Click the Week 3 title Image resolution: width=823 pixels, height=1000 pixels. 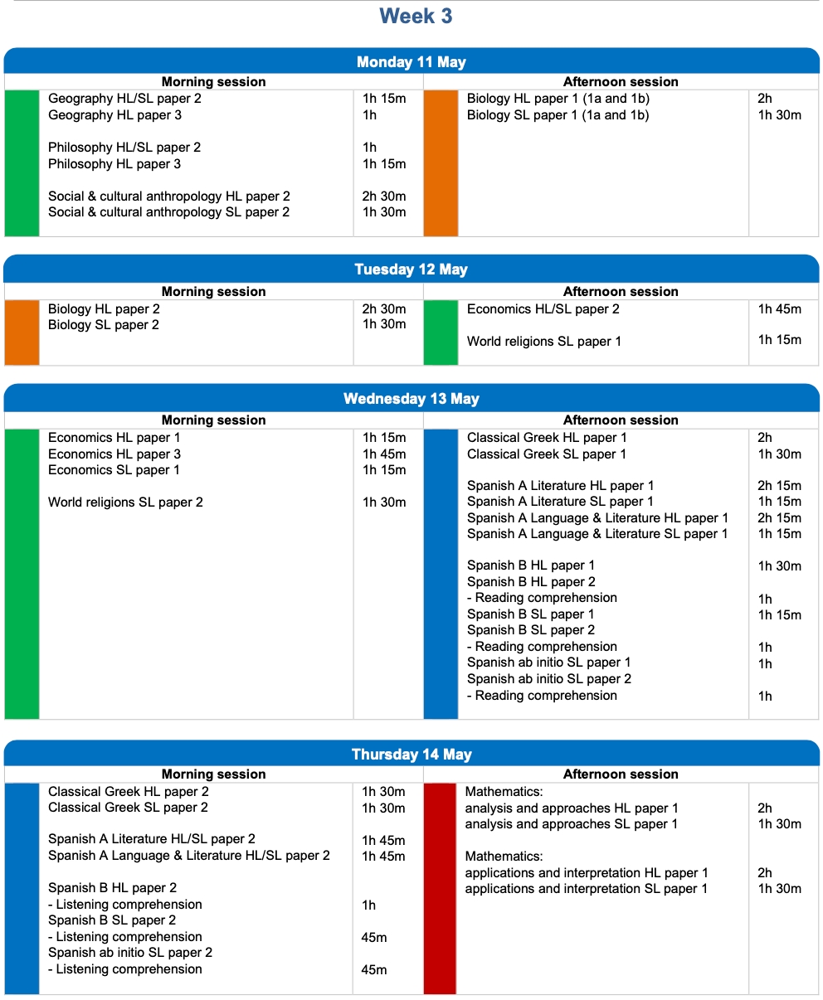(x=416, y=17)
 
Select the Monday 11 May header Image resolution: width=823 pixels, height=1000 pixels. (x=411, y=62)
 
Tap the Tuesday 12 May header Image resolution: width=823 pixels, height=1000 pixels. (x=411, y=269)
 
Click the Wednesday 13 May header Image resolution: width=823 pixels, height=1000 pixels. (x=411, y=399)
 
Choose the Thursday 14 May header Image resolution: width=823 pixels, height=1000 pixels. (x=411, y=755)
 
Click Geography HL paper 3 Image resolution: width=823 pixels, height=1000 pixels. (x=114, y=115)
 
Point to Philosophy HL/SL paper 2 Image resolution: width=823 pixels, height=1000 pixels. (x=124, y=148)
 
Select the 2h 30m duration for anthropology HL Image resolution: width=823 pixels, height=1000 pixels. (x=384, y=197)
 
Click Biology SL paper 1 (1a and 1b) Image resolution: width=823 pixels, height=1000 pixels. (x=558, y=115)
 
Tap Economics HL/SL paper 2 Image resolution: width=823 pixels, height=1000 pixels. (x=543, y=309)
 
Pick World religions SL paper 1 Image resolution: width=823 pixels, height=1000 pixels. (x=543, y=342)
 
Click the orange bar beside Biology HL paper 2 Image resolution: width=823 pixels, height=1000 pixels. (x=22, y=333)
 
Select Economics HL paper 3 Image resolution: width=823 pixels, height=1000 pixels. (x=114, y=454)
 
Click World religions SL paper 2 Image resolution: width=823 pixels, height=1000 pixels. (x=125, y=502)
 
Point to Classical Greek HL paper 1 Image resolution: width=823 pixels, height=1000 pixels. (x=547, y=438)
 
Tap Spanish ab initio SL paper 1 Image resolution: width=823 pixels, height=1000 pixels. (x=548, y=663)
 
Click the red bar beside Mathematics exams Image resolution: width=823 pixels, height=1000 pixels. (x=440, y=888)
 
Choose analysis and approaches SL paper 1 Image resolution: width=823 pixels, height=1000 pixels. (x=571, y=824)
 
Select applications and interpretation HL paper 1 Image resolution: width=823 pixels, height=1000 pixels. (x=587, y=873)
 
